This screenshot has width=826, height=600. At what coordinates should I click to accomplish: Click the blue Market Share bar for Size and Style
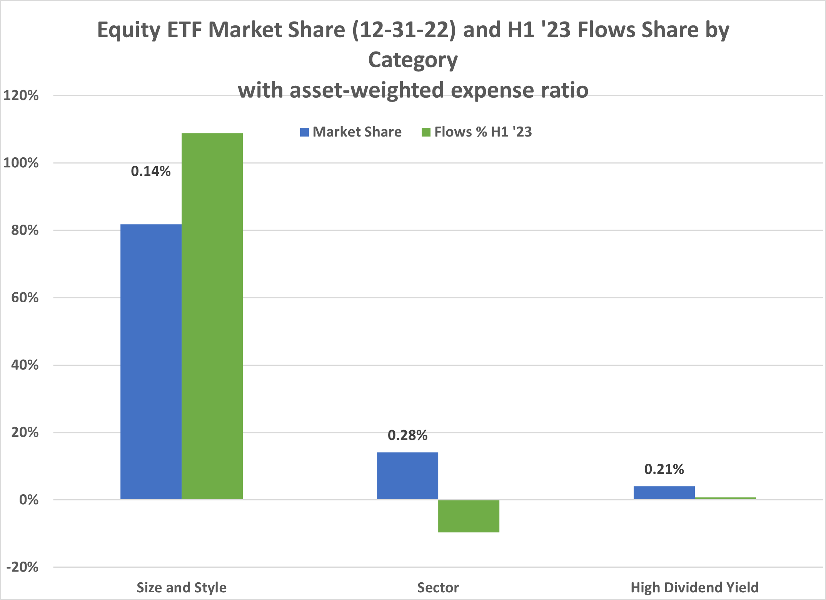tap(151, 362)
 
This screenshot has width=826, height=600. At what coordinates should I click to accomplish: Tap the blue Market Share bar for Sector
tap(407, 476)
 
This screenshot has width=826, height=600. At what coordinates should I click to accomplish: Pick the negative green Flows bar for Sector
tap(469, 516)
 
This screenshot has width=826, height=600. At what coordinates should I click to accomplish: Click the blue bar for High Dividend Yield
tap(664, 493)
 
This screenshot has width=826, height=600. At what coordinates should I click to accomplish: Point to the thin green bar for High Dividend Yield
tap(725, 498)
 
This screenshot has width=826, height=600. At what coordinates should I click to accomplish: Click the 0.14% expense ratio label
tap(151, 172)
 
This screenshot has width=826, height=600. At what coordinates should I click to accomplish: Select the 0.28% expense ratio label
tap(407, 435)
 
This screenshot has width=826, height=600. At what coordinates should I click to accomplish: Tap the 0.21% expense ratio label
tap(664, 469)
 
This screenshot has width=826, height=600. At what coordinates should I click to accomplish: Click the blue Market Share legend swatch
tap(304, 132)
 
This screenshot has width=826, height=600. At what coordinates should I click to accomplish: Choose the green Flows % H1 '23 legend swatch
tap(426, 132)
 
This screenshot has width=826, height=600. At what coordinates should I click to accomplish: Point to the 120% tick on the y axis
tap(21, 95)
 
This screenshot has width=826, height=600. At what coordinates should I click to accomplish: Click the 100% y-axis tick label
tap(21, 163)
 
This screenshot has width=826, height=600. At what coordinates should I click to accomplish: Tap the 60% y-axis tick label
tap(25, 298)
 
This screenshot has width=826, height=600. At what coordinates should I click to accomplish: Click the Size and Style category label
tap(182, 588)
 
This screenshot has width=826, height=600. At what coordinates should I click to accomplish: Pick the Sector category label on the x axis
tap(438, 588)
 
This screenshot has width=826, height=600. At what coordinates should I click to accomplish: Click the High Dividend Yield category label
tap(694, 588)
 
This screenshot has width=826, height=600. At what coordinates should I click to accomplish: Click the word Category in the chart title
tap(413, 60)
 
